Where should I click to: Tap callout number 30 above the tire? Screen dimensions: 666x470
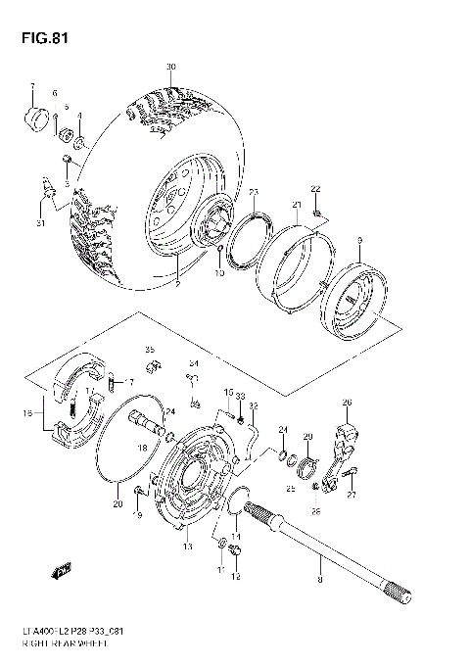[x=170, y=67]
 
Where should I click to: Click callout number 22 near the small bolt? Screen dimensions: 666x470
[x=315, y=188]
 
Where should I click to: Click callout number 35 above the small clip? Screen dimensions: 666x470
[x=150, y=349]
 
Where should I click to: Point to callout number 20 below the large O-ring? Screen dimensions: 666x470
[x=119, y=505]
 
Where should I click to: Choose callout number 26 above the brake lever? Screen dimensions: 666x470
[x=346, y=402]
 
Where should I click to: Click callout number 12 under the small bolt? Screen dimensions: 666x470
[x=235, y=577]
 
